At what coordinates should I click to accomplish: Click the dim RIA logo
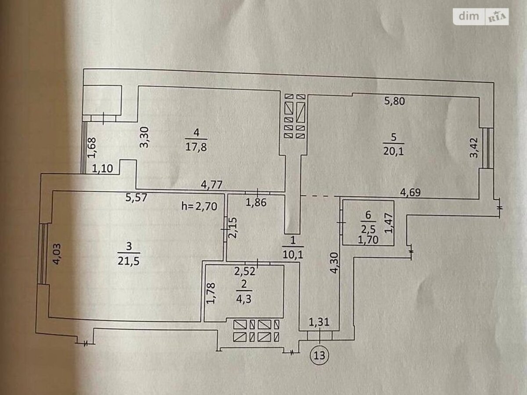[x=481, y=16]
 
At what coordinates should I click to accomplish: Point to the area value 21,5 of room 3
[x=128, y=261]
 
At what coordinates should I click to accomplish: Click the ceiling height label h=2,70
[x=199, y=206]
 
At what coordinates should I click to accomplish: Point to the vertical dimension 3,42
[x=473, y=149]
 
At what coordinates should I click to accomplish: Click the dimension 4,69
[x=411, y=191]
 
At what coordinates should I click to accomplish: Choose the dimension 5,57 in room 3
[x=136, y=197]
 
